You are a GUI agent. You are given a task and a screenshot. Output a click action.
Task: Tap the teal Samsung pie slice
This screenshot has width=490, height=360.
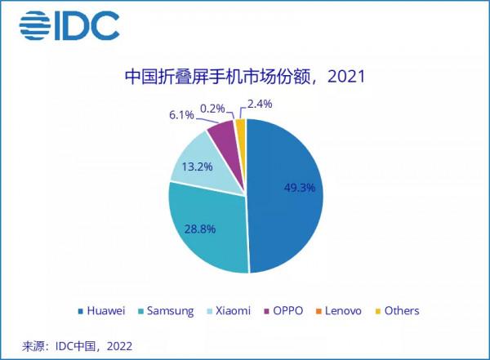[x=208, y=233]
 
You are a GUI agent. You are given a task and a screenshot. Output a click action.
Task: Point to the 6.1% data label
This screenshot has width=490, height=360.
[x=180, y=115]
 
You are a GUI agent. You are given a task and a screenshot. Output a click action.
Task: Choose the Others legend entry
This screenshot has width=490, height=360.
[x=396, y=311]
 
